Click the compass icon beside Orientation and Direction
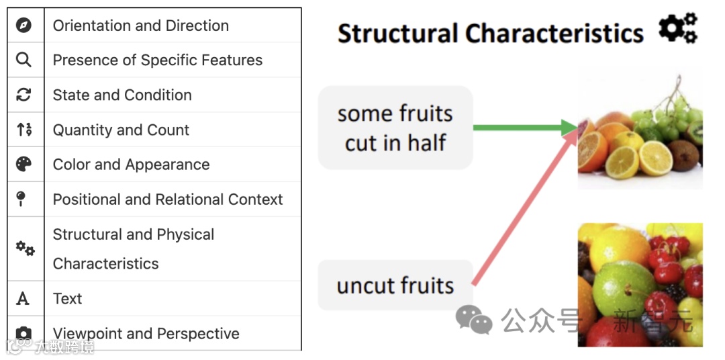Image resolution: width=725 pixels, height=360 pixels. (x=24, y=26)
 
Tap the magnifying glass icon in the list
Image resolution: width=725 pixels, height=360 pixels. (x=24, y=60)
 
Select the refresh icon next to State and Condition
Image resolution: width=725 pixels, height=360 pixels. (x=24, y=95)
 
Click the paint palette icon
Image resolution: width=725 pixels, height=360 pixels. (x=24, y=165)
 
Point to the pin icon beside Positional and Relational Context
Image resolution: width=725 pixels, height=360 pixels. (x=22, y=199)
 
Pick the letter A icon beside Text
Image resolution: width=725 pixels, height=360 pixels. (x=23, y=299)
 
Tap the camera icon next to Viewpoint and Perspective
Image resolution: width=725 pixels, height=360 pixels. (x=24, y=334)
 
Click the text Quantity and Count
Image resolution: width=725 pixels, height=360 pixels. (x=121, y=130)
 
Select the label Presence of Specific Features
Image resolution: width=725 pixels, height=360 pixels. (x=158, y=60)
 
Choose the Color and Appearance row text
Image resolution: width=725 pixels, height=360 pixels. (x=131, y=165)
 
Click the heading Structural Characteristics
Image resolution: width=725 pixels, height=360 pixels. (x=490, y=33)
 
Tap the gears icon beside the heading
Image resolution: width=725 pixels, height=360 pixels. (x=677, y=29)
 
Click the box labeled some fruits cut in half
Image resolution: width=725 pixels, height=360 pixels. (x=395, y=128)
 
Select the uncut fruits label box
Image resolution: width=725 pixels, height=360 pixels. (x=395, y=285)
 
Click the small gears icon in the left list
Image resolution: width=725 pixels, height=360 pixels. (x=25, y=249)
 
